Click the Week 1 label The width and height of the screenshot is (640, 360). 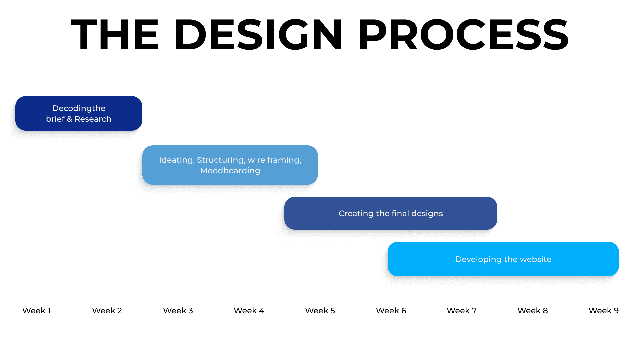36,311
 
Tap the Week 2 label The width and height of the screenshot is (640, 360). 107,311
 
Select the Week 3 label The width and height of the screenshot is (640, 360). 178,311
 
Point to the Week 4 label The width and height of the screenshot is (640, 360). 249,311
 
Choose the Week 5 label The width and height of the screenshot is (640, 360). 320,311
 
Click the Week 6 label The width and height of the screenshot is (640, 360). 391,311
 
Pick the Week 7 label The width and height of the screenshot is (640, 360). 462,311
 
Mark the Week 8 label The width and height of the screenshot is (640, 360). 533,311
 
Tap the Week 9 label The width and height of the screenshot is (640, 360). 604,311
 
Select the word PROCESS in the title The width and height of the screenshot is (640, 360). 463,35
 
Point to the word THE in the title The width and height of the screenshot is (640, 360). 115,35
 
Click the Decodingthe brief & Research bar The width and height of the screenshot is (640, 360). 79,113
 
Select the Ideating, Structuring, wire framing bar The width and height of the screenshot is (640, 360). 230,165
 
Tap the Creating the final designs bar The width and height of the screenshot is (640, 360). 391,213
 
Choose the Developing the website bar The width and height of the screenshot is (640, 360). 503,259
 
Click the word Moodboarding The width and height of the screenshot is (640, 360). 230,171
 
